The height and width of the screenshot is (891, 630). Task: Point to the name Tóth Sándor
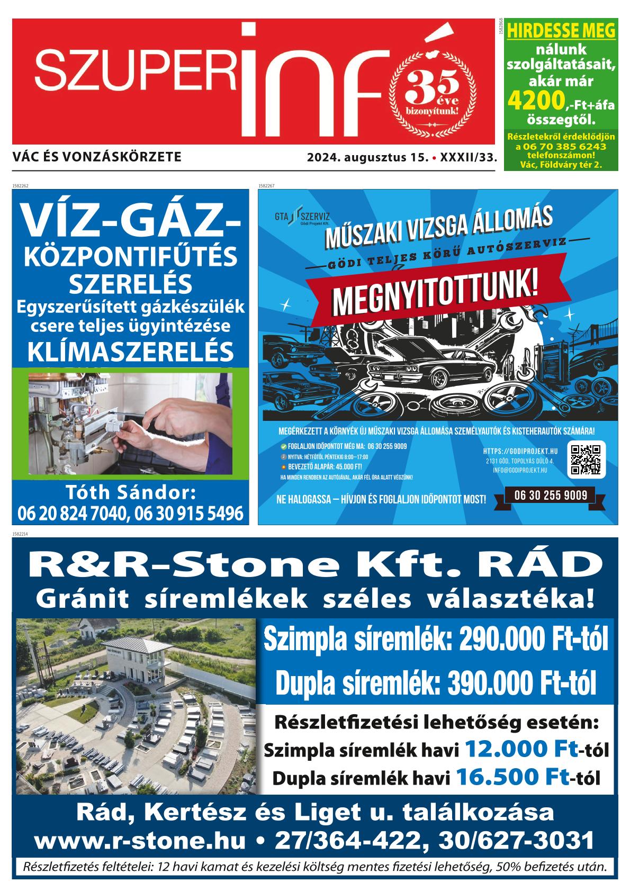130,493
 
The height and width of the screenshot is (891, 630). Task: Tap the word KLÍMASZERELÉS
130,350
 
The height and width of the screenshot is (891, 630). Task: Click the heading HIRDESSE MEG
561,31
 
